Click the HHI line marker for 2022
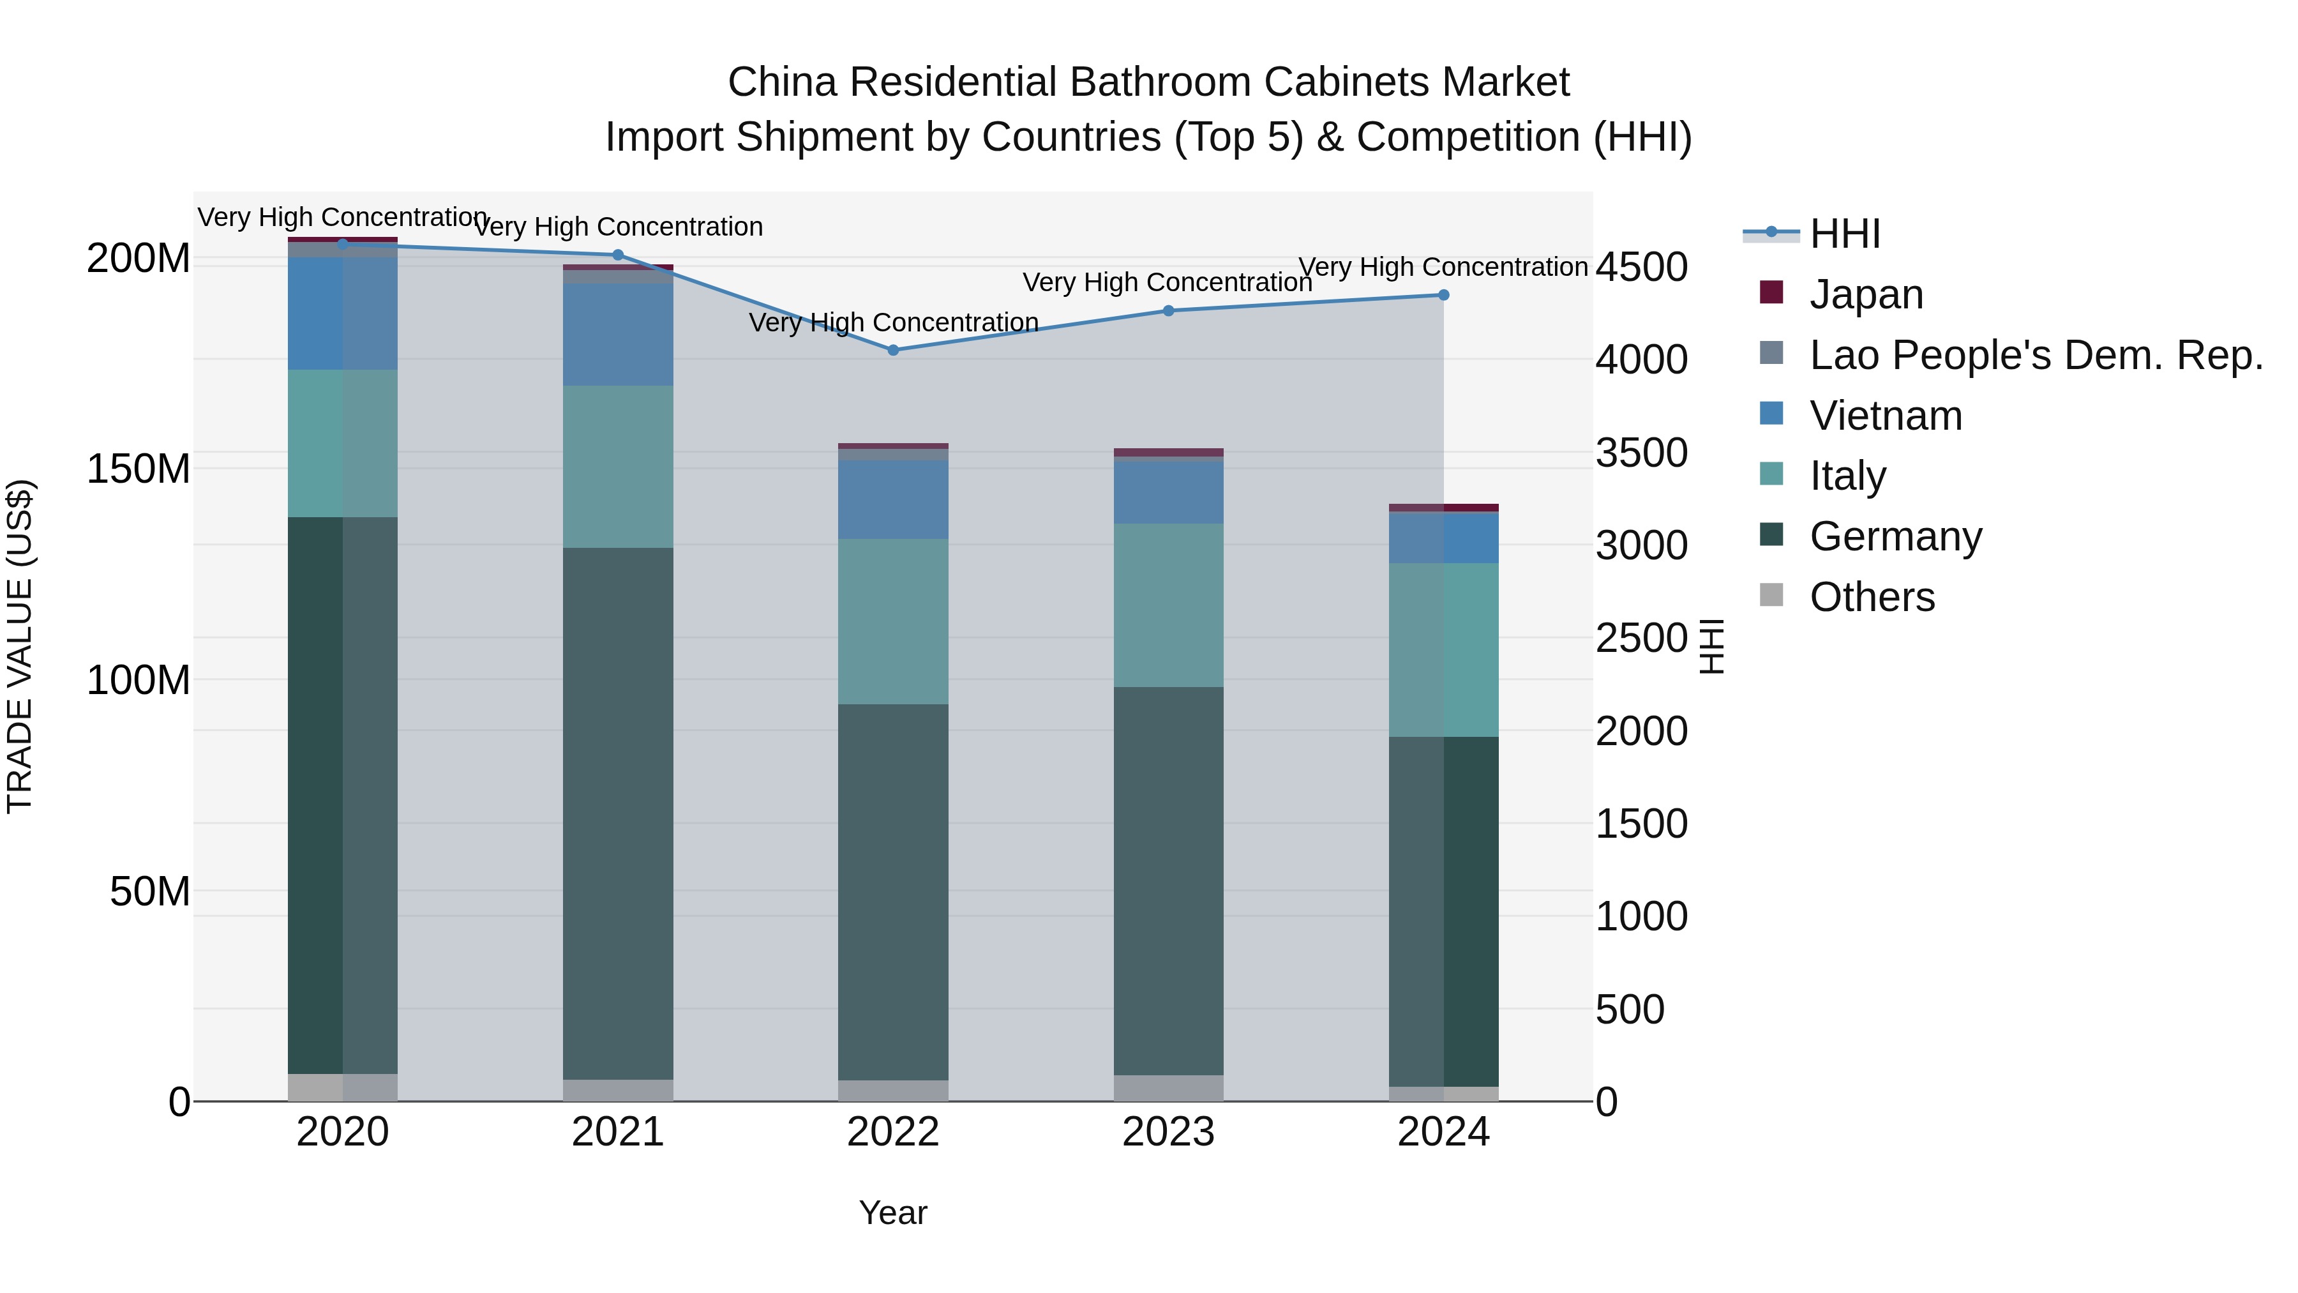893,350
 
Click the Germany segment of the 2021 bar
617,812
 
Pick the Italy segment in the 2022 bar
893,621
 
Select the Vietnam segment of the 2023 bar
1169,491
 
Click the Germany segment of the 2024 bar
1443,910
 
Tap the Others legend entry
1871,597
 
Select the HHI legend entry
1844,234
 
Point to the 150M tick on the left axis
139,469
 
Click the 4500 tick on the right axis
1641,267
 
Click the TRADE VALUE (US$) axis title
20,646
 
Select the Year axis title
893,1213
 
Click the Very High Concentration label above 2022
893,322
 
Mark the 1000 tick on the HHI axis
1641,916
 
